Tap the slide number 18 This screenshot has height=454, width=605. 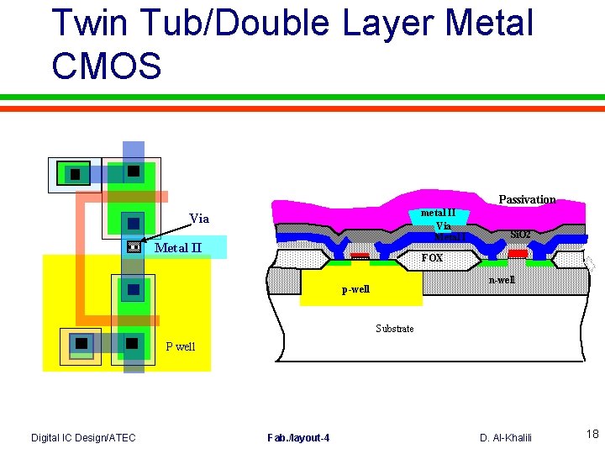click(x=592, y=435)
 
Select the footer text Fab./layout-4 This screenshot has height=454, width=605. click(x=298, y=437)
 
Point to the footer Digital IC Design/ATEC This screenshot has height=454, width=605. click(x=83, y=437)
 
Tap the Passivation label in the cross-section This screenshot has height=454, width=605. click(x=527, y=199)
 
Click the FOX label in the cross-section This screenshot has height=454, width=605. click(x=432, y=258)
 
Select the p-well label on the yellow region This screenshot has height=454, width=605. click(x=355, y=290)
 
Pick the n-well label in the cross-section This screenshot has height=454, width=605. click(x=502, y=280)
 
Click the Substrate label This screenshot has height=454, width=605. click(x=394, y=329)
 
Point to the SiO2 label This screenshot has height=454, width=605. click(x=520, y=234)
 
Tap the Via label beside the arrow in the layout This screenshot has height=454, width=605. click(x=199, y=219)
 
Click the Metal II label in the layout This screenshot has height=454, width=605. click(x=178, y=247)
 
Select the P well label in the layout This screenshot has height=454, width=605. click(x=180, y=346)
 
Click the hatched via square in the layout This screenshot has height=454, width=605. click(x=132, y=248)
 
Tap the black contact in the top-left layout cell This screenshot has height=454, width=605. click(x=75, y=174)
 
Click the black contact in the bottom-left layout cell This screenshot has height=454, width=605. click(x=81, y=343)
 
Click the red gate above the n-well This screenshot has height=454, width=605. click(x=518, y=253)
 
